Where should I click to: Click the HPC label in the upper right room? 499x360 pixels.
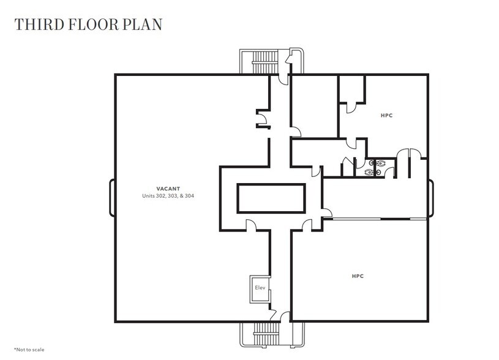click(386, 114)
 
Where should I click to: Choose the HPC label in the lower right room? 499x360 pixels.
click(358, 276)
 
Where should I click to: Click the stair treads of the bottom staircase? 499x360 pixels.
click(265, 336)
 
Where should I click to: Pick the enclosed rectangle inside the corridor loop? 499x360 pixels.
click(271, 198)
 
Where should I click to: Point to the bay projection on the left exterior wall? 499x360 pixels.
click(112, 198)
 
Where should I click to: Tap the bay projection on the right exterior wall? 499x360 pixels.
click(430, 198)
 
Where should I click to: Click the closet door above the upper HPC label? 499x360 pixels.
click(351, 108)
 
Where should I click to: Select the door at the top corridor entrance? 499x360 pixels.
click(283, 78)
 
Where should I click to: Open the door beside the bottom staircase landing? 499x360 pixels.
click(284, 316)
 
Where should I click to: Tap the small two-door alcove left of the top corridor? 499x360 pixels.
click(262, 119)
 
